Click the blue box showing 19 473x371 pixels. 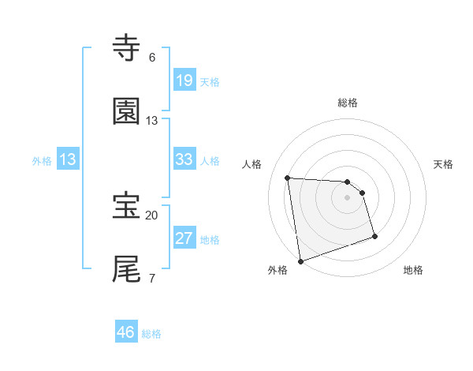pyautogui.click(x=184, y=81)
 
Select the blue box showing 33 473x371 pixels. pyautogui.click(x=184, y=159)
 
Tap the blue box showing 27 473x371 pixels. pyautogui.click(x=184, y=238)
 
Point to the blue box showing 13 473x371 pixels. pyautogui.click(x=68, y=159)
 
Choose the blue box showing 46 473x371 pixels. pyautogui.click(x=126, y=332)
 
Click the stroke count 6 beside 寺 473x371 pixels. pyautogui.click(x=152, y=58)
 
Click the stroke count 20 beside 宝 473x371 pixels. pyautogui.click(x=151, y=215)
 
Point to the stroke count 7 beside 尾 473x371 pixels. pyautogui.click(x=152, y=278)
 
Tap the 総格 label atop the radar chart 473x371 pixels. pyautogui.click(x=348, y=103)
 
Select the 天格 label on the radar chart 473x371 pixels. pyautogui.click(x=444, y=164)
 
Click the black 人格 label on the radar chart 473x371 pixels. pyautogui.click(x=252, y=164)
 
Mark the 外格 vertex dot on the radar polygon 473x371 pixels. pyautogui.click(x=300, y=260)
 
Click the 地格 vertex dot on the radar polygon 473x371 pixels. pyautogui.click(x=374, y=235)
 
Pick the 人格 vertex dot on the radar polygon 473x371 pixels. pyautogui.click(x=288, y=178)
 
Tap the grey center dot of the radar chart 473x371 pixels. pyautogui.click(x=348, y=197)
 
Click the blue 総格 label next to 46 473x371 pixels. pyautogui.click(x=151, y=334)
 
